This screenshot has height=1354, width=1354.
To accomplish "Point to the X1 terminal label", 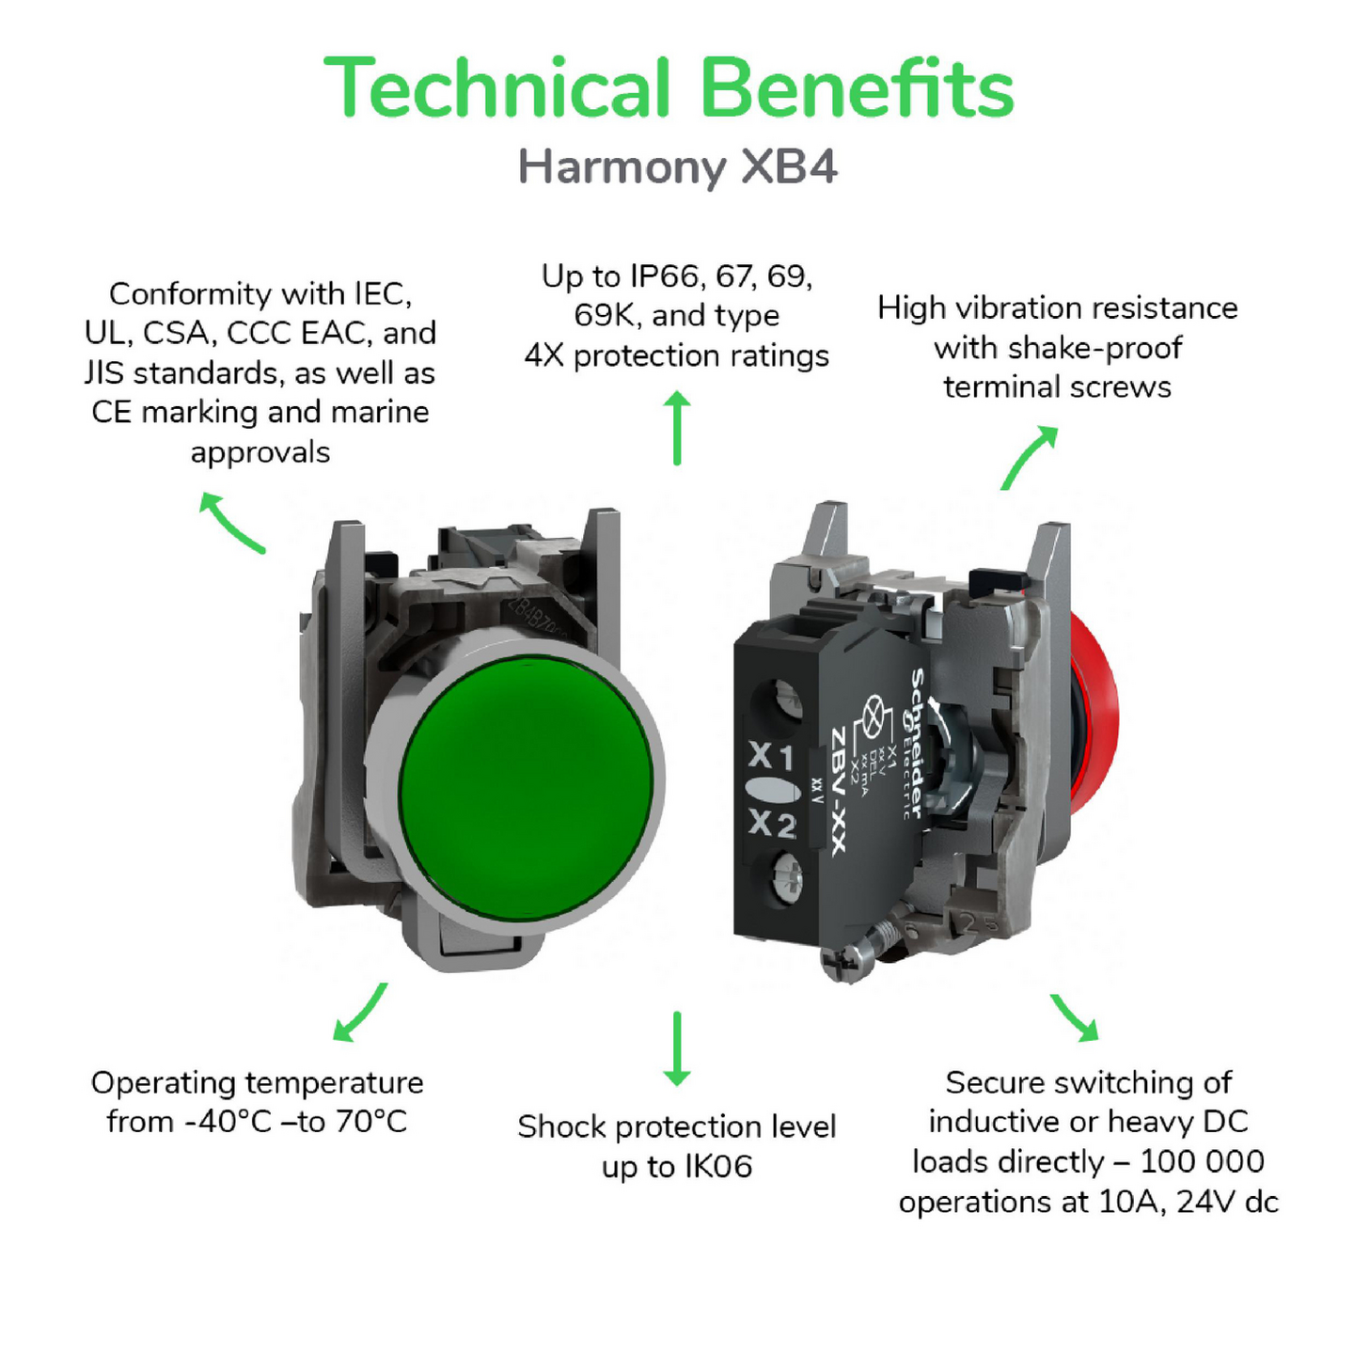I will coord(771,755).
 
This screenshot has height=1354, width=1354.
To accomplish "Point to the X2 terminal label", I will coord(772,824).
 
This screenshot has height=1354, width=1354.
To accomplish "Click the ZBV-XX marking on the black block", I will coord(838,791).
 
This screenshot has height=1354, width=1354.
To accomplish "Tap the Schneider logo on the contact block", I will coord(915,743).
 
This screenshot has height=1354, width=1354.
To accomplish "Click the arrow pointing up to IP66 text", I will coord(677,428).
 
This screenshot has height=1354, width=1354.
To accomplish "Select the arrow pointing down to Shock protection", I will coord(677,1048).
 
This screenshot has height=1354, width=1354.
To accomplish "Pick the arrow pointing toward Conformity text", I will coord(231,523).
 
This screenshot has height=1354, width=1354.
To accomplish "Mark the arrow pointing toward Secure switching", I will coord(1074,1017).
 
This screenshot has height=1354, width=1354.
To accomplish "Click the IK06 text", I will coord(718,1167).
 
